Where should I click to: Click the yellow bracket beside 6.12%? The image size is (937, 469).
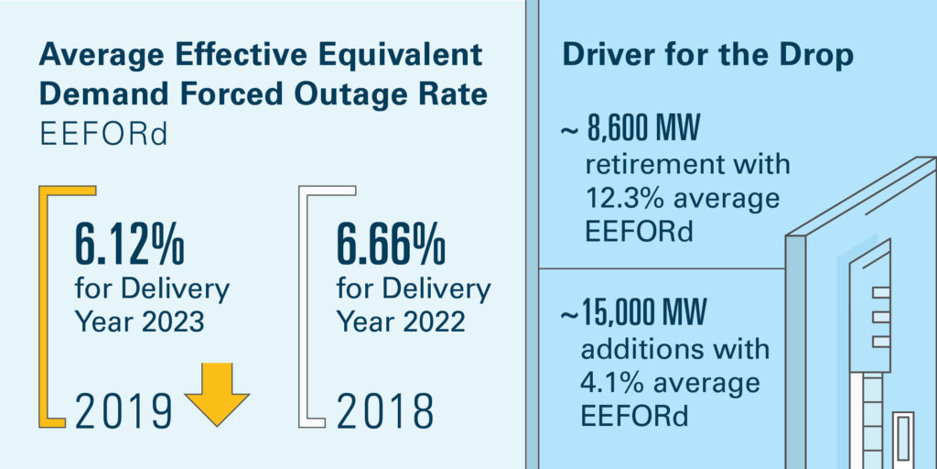43,307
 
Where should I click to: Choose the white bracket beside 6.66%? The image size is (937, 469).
303,307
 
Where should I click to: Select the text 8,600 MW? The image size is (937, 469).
643,129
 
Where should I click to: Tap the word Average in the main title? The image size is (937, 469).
99,56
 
